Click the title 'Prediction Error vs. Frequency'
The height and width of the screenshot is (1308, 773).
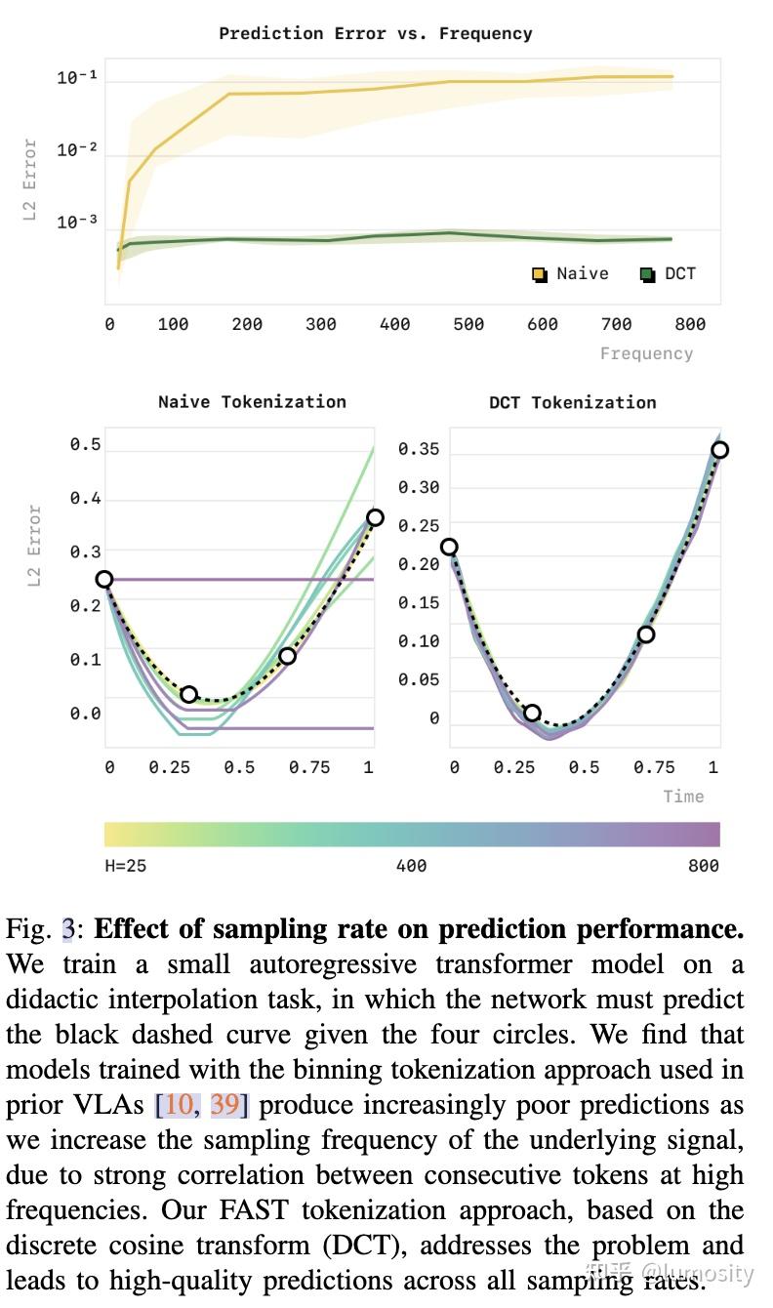point(376,33)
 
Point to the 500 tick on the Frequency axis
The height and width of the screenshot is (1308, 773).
point(468,324)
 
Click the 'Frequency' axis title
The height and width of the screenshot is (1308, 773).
point(646,353)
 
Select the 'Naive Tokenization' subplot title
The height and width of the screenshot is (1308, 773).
point(252,401)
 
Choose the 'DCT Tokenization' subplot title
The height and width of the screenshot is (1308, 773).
point(573,402)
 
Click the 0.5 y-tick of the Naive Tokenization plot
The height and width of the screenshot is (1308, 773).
point(85,445)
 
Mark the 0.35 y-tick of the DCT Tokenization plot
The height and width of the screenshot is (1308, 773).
point(419,450)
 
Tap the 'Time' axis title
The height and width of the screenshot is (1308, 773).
point(683,797)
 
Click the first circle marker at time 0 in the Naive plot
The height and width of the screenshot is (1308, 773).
point(104,579)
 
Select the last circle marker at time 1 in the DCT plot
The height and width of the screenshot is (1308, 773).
point(719,450)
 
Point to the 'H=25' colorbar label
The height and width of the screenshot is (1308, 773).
point(126,865)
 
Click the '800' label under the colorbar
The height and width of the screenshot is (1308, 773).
point(703,865)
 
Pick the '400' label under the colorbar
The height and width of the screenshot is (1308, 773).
point(411,865)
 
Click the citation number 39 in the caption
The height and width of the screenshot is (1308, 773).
point(224,1105)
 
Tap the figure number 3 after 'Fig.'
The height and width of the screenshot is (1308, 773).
point(67,928)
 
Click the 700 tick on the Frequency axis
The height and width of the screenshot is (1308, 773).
point(617,324)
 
